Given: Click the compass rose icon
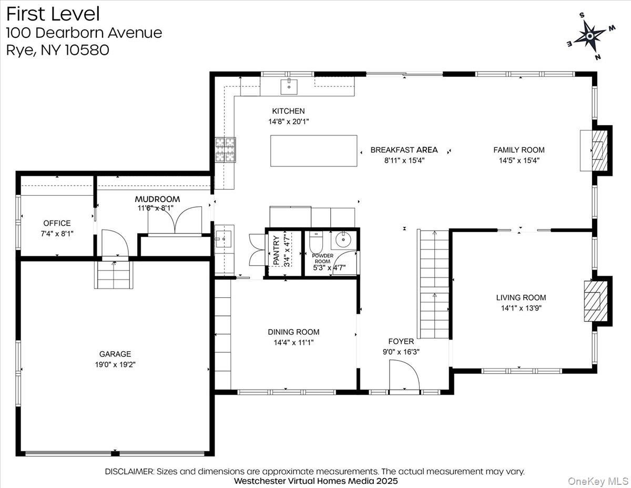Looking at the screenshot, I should point(589,36).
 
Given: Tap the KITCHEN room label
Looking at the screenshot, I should point(288,111).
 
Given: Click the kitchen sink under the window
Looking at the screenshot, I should point(289,86).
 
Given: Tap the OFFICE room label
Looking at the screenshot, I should point(57,223).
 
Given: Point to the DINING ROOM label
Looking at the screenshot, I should point(293,332).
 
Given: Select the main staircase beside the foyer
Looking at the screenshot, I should point(434,284).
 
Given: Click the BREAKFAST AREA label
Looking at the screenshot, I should point(404,150).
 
